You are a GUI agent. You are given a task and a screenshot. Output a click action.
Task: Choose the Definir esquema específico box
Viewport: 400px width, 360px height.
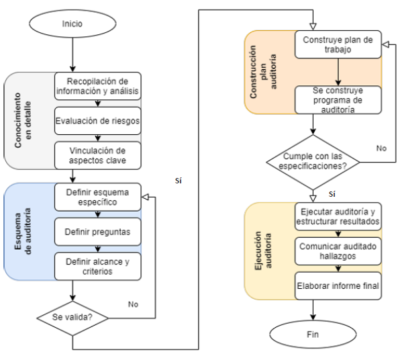point(98,197)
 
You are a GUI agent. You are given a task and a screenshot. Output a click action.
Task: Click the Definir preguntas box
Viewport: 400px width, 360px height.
point(98,232)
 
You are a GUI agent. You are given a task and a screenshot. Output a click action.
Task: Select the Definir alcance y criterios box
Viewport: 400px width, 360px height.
point(98,267)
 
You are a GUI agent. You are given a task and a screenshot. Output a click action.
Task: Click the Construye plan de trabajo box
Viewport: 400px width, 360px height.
point(338,45)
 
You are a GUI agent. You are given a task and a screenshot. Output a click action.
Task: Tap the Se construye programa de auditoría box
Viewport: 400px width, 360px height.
point(338,99)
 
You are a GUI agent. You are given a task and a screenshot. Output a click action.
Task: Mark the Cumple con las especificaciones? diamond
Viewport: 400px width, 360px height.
point(313,162)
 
